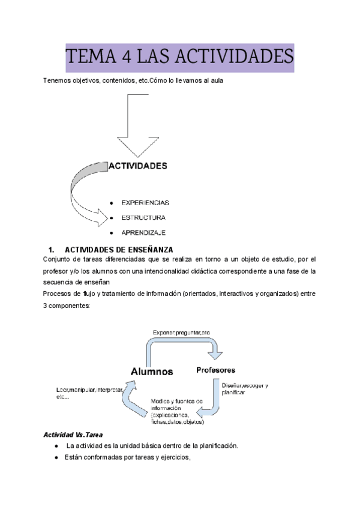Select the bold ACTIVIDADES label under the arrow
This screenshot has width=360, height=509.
137,165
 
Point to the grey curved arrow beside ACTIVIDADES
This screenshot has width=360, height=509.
84,180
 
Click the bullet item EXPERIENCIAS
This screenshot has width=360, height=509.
145,202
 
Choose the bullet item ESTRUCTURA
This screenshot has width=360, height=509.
143,217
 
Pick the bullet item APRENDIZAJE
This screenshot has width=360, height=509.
143,232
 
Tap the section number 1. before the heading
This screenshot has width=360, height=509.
51,249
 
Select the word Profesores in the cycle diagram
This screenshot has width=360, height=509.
215,370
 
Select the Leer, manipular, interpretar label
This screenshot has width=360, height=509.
89,393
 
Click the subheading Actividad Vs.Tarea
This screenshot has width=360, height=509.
70,434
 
